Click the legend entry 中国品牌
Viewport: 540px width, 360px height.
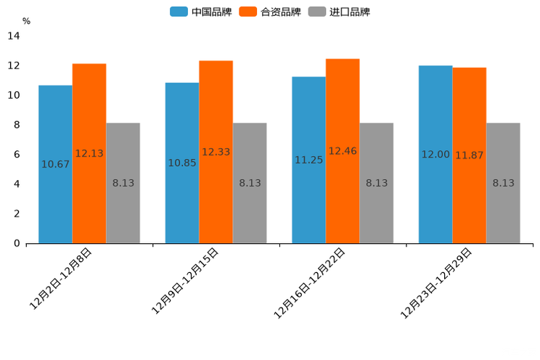[x=201, y=12]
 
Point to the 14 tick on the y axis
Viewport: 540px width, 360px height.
[x=15, y=36]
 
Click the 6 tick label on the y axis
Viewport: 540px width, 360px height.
[x=17, y=155]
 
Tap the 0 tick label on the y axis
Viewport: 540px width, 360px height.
[x=17, y=244]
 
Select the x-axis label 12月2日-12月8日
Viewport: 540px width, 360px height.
[x=61, y=279]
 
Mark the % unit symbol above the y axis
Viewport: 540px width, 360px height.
[x=26, y=21]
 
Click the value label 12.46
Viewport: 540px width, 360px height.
[x=343, y=151]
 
